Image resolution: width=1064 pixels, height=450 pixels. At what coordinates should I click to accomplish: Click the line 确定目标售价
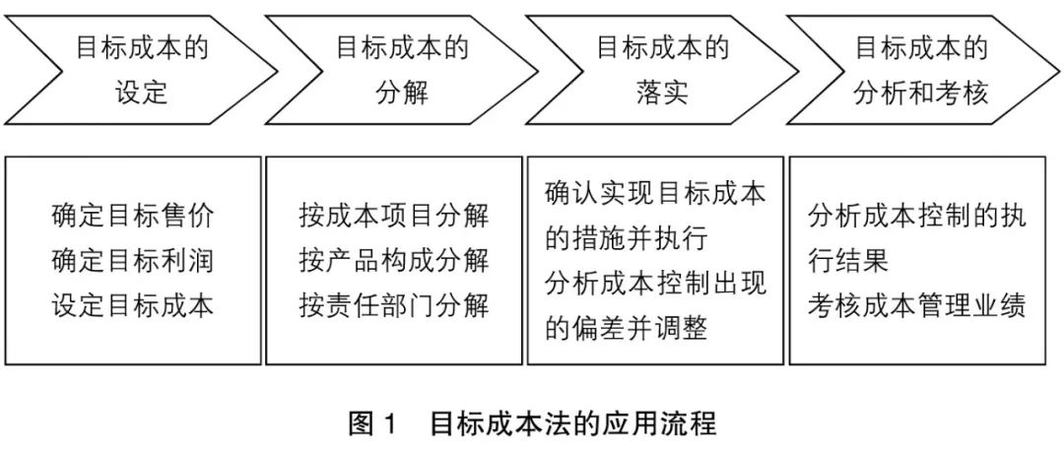pyautogui.click(x=133, y=216)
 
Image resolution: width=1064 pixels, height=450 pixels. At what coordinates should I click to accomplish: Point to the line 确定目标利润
pyautogui.click(x=133, y=261)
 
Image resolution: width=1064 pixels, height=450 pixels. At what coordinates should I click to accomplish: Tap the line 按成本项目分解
pyautogui.click(x=394, y=216)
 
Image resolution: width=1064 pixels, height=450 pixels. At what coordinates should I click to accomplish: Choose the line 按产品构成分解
pyautogui.click(x=394, y=261)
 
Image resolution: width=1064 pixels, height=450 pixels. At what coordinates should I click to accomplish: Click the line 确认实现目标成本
pyautogui.click(x=655, y=193)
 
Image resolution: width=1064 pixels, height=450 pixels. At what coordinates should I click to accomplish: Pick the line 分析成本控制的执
pyautogui.click(x=916, y=216)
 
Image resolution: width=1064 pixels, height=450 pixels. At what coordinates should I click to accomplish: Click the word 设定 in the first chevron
pyautogui.click(x=143, y=92)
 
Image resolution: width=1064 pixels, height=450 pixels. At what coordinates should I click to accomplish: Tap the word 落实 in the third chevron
pyautogui.click(x=662, y=92)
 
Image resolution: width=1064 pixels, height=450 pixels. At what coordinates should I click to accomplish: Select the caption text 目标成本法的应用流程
pyautogui.click(x=572, y=425)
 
